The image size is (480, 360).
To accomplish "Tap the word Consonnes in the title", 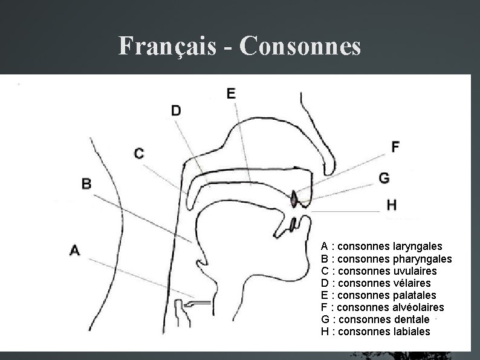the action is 300,46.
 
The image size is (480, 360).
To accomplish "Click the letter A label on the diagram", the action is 74,249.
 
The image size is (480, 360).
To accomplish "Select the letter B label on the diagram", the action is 86,183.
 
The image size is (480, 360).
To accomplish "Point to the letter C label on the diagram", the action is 139,154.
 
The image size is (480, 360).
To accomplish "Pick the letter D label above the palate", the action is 176,110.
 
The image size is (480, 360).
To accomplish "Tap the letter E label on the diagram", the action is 231,93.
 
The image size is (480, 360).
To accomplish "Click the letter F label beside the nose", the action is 395,146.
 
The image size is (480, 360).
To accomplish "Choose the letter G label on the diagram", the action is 384,178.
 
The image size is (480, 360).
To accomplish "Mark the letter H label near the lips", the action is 392,205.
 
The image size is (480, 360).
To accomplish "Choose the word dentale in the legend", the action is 410,319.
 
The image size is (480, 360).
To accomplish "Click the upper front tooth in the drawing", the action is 294,198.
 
